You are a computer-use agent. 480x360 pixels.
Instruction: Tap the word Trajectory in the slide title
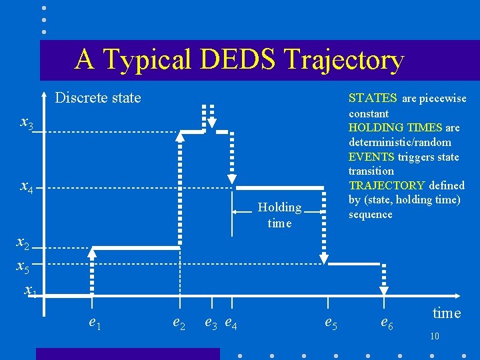(344, 61)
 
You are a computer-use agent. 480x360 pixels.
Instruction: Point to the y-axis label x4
(27, 188)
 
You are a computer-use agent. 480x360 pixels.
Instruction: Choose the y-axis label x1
(30, 290)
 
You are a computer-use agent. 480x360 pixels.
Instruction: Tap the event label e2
(179, 323)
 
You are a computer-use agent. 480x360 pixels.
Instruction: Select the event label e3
(211, 323)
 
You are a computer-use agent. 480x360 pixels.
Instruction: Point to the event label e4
(231, 324)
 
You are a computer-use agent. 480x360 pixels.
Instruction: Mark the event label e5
(330, 323)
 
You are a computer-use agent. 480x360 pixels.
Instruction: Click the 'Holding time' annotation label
(279, 215)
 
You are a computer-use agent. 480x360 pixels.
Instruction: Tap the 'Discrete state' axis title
(98, 98)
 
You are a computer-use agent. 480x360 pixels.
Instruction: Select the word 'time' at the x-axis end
(446, 313)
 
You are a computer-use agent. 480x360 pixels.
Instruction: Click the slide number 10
(435, 336)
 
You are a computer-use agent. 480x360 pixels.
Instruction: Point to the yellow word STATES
(373, 98)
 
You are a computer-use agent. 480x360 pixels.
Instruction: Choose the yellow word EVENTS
(371, 157)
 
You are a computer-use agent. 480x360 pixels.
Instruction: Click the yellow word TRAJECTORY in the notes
(386, 185)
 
